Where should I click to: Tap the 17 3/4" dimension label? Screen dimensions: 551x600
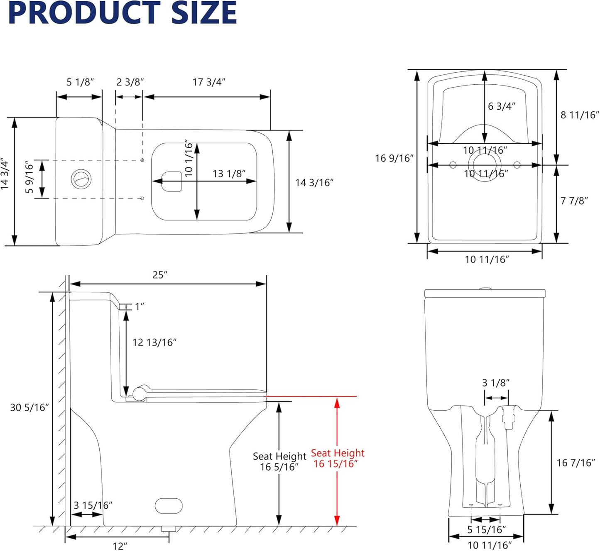pos(209,82)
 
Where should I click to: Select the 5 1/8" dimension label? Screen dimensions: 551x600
pos(81,82)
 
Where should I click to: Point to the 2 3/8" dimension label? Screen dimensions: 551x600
pos(130,82)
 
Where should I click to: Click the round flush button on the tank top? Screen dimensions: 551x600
pos(81,179)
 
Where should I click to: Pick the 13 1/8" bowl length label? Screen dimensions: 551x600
pos(229,174)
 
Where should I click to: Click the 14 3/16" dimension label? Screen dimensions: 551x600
pos(314,183)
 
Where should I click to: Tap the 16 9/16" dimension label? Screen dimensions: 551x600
pos(394,158)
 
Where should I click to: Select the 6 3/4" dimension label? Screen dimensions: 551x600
pos(502,106)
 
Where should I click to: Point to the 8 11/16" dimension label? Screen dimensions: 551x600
pos(580,115)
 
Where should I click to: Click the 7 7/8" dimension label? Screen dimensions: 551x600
pos(574,201)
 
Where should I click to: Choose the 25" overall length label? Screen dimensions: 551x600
pos(160,275)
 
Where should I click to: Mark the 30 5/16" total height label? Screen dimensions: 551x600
pos(29,408)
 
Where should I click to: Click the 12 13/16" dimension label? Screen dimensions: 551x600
pos(154,343)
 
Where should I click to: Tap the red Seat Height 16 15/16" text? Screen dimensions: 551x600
pos(337,458)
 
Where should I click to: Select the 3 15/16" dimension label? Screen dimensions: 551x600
pos(93,505)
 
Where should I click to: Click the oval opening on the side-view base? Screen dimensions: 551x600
pos(169,506)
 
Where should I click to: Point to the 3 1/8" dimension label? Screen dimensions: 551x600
pos(496,383)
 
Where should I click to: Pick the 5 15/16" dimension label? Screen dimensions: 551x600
pos(486,530)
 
